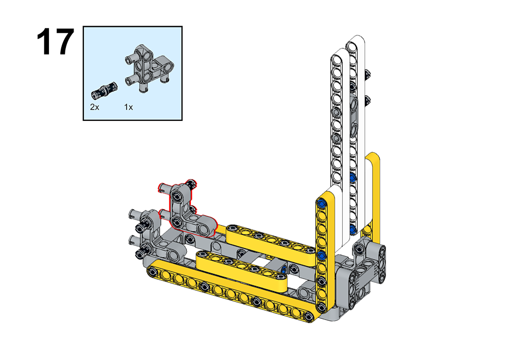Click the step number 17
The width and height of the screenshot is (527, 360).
55,42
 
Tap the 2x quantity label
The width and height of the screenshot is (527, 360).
95,107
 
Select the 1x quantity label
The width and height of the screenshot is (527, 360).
128,107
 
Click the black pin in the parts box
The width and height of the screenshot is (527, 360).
104,90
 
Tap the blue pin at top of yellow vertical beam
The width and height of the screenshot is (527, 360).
322,203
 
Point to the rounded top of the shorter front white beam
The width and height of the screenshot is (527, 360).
340,53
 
